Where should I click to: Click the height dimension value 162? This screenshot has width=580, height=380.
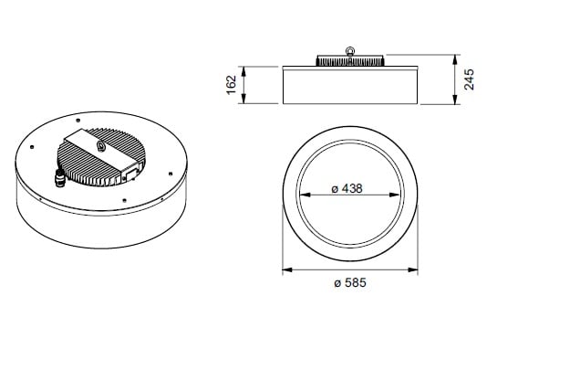click(232, 85)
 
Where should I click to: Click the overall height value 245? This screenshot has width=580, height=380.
click(469, 79)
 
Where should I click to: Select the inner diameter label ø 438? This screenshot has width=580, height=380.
click(347, 188)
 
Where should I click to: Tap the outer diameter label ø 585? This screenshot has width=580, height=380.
click(350, 283)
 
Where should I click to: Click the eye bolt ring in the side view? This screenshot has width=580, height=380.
click(349, 51)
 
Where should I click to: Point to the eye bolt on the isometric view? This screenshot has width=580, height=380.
click(100, 146)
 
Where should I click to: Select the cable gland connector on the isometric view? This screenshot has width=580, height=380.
click(59, 178)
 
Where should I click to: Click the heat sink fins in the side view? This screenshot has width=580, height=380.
click(350, 61)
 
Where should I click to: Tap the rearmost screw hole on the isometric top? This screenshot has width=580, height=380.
click(78, 121)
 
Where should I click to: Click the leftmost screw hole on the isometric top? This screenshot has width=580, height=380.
click(32, 147)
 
